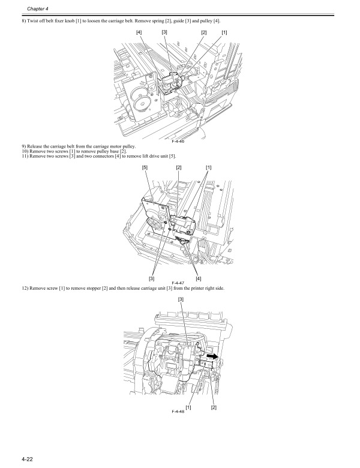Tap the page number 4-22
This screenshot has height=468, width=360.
(x=27, y=460)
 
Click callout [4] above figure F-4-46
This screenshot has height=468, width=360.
(x=139, y=32)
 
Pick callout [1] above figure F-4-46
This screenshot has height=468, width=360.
(x=224, y=32)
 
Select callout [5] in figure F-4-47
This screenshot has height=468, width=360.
(x=145, y=167)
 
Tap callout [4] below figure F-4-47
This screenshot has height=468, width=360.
(x=199, y=277)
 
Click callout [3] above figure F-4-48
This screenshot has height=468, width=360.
(x=181, y=298)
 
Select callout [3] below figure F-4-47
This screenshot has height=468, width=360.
(x=152, y=277)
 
